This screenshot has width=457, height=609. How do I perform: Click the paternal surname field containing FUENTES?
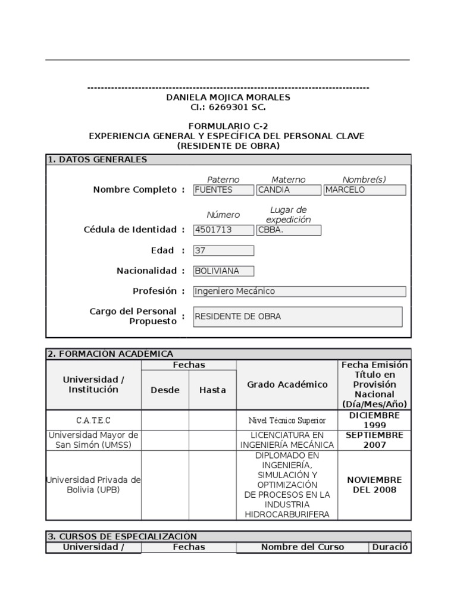click(x=223, y=190)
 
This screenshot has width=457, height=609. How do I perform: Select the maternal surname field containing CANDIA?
click(x=288, y=190)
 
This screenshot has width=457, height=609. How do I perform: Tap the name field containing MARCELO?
click(x=364, y=190)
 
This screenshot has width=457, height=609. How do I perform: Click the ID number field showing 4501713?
click(x=223, y=230)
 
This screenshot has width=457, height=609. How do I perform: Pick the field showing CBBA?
click(x=288, y=230)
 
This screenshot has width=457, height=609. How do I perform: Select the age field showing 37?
click(x=223, y=251)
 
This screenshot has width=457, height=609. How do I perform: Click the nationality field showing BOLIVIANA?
click(x=223, y=271)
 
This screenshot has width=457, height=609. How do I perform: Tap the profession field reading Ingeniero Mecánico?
click(x=299, y=291)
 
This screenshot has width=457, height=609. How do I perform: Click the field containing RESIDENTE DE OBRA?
click(x=298, y=316)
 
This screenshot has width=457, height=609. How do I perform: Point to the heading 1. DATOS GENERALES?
click(x=98, y=159)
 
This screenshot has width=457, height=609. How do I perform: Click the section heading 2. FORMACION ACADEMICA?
click(x=110, y=354)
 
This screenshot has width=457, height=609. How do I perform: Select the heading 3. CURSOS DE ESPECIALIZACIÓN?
click(x=122, y=536)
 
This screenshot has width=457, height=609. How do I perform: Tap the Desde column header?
click(x=165, y=390)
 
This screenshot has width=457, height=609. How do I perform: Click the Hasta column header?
click(x=212, y=390)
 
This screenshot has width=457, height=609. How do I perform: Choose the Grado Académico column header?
click(x=287, y=385)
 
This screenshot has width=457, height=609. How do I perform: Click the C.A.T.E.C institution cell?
click(x=93, y=420)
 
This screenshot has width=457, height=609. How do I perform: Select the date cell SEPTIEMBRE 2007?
click(x=374, y=440)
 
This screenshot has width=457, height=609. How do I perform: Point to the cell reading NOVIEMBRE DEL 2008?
click(x=374, y=485)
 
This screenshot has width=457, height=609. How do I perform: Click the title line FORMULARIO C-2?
click(x=228, y=126)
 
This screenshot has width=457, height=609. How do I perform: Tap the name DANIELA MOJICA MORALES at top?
click(x=228, y=97)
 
